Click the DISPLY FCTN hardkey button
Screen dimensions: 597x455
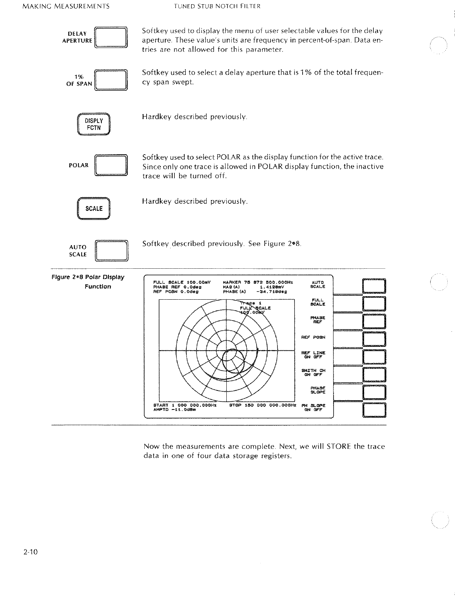[94, 124]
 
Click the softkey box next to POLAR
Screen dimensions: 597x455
[111, 165]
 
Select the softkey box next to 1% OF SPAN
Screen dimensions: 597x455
[111, 80]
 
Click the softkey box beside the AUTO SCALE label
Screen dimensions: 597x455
[111, 251]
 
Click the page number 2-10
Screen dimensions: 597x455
[29, 552]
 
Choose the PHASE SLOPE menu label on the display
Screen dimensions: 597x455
[318, 390]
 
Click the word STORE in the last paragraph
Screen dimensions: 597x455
[339, 447]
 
